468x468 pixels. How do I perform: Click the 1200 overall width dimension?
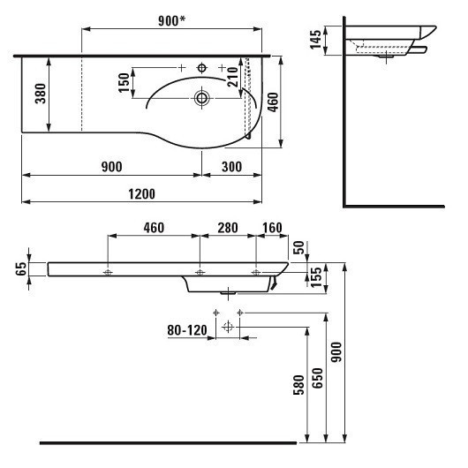pyautogui.click(x=142, y=194)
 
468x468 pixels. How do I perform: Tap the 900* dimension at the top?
pyautogui.click(x=171, y=20)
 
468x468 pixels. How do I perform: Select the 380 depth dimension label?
pyautogui.click(x=41, y=94)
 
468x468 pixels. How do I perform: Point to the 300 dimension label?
pyautogui.click(x=232, y=167)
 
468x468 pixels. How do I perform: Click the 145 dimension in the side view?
pyautogui.click(x=315, y=40)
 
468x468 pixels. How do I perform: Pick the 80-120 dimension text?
pyautogui.click(x=187, y=330)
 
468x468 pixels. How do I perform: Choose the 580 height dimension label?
pyautogui.click(x=298, y=385)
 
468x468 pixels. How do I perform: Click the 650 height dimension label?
pyautogui.click(x=318, y=378)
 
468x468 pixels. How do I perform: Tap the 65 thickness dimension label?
pyautogui.click(x=21, y=269)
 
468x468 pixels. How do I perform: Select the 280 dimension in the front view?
pyautogui.click(x=228, y=228)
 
